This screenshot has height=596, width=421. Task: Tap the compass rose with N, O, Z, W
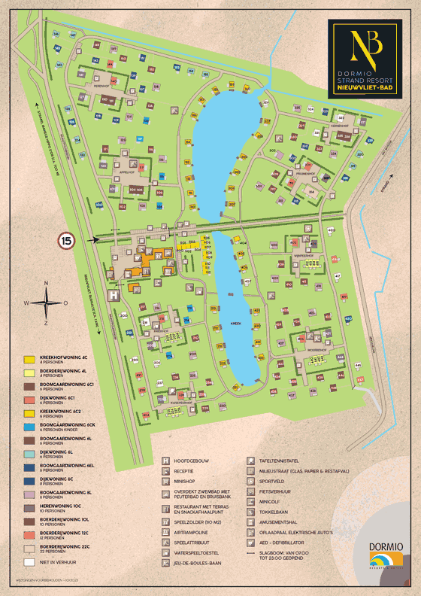click(x=47, y=303)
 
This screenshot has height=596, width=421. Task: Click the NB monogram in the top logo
click(x=368, y=47)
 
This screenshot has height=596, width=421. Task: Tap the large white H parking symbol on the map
click(x=114, y=296)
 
